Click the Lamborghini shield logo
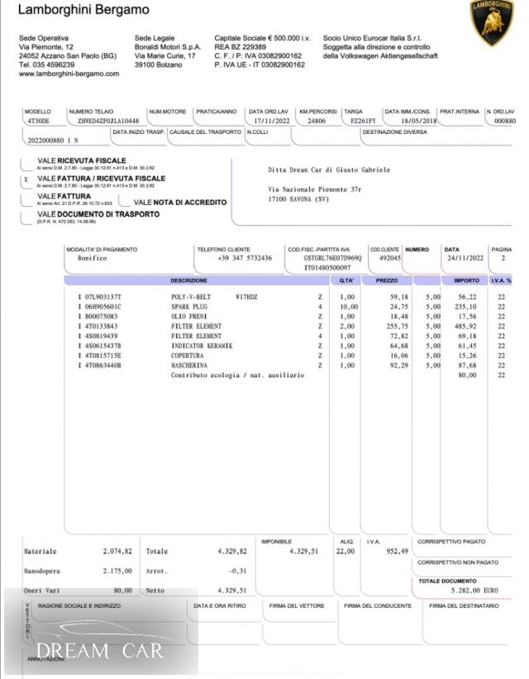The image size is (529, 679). pos(492,22)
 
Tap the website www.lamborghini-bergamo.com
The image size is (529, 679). pos(69,74)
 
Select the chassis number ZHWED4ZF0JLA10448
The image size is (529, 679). pos(106,121)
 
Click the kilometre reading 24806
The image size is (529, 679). pos(316,121)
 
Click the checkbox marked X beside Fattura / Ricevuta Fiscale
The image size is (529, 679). pos(26,179)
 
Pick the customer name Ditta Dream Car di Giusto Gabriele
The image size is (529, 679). pos(329,170)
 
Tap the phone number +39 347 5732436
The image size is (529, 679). pos(244,258)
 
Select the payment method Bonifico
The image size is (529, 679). pos(83,258)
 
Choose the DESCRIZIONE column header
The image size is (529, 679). pos(189,281)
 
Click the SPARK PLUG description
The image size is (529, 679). pos(189,306)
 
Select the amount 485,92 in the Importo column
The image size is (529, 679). pos(465,326)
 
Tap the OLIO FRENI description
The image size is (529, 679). pos(189,316)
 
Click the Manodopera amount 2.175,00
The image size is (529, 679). pos(118,571)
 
